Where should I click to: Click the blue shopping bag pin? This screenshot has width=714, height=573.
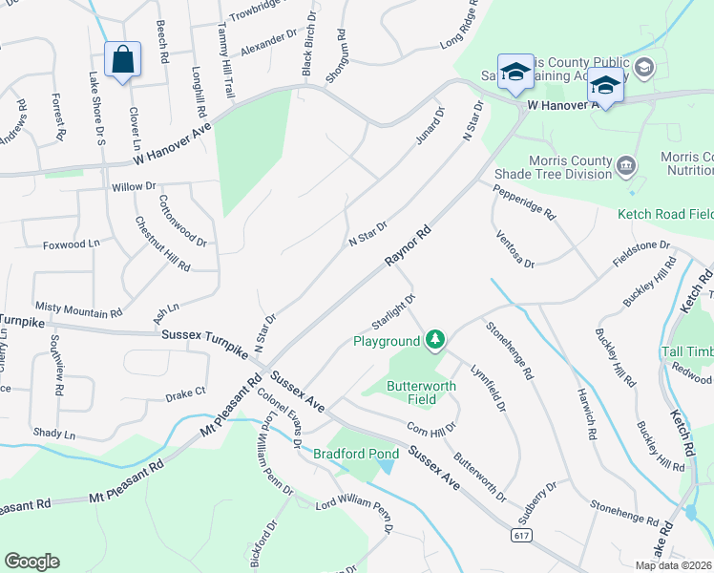click(122, 60)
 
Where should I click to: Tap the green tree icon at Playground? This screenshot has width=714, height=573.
click(435, 339)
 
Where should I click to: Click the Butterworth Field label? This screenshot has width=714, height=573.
click(421, 393)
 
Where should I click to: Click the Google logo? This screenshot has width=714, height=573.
click(31, 562)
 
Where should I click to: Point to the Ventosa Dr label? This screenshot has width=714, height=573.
click(514, 247)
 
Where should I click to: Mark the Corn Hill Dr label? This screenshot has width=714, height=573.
click(433, 418)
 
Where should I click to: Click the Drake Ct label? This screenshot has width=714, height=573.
click(185, 393)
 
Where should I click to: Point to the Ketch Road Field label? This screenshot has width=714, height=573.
click(664, 214)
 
